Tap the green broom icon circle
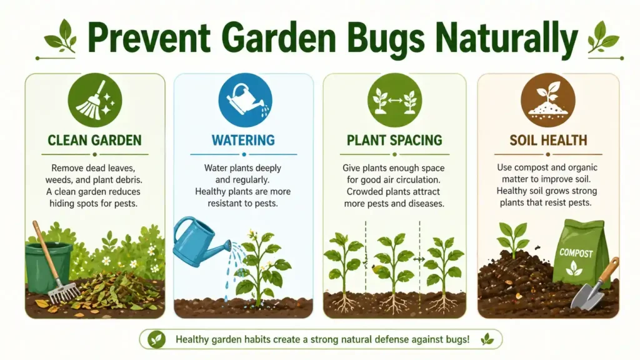point(94,100)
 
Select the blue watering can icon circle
point(244,100)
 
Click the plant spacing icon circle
point(394,100)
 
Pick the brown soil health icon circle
point(548,100)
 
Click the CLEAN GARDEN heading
point(94,141)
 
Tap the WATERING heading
point(244,141)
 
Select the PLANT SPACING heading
point(394,141)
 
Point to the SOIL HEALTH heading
point(548,141)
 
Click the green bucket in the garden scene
point(49,266)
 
